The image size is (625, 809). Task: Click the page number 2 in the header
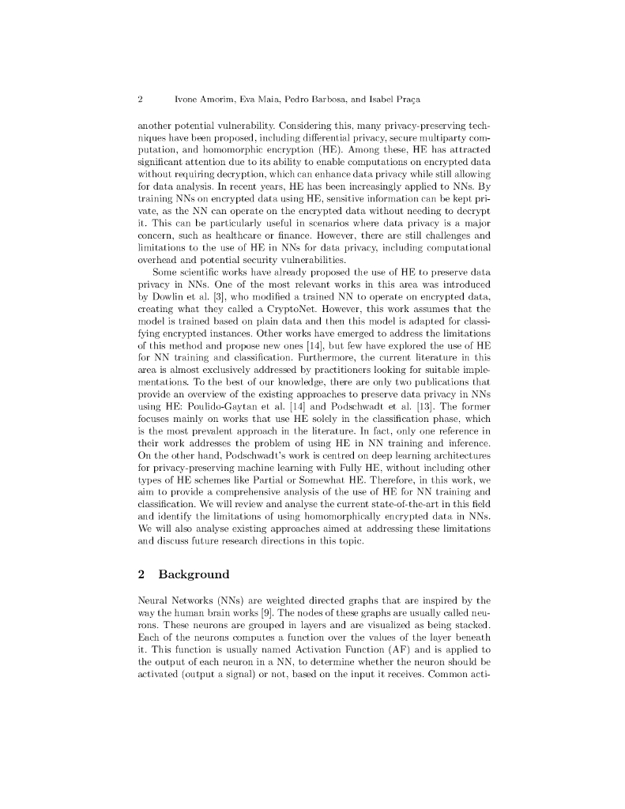[140, 100]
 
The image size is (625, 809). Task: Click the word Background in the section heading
[194, 574]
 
